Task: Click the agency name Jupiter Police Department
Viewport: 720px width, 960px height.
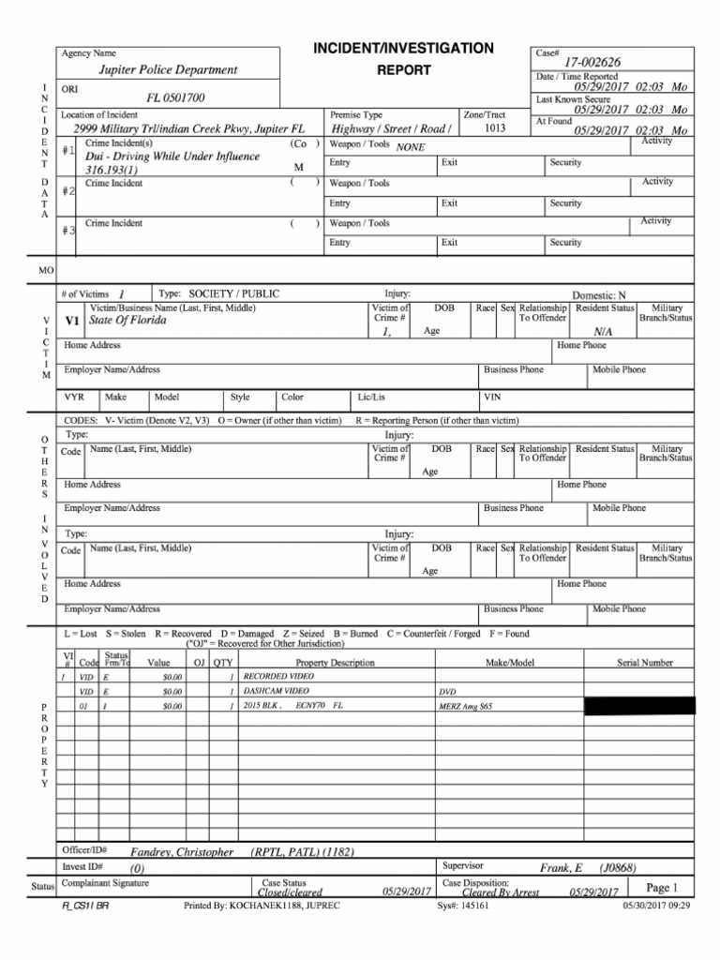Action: click(169, 70)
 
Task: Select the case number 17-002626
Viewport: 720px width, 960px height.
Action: click(592, 62)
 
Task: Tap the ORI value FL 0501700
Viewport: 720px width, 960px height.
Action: click(175, 97)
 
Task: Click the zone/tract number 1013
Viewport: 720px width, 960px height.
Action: click(485, 128)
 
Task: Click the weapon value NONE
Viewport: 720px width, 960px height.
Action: click(411, 147)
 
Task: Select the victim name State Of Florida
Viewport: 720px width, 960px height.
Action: click(127, 321)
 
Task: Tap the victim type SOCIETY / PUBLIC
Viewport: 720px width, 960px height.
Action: click(233, 293)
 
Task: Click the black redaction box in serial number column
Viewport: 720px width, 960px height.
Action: click(639, 705)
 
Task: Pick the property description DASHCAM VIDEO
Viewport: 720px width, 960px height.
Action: click(276, 690)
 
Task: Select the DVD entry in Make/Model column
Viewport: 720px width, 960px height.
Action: click(447, 691)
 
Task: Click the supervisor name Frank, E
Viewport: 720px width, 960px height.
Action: click(561, 868)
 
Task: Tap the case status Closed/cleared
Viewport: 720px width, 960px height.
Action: click(290, 892)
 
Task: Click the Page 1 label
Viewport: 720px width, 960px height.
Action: click(662, 887)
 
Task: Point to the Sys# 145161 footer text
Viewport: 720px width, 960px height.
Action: click(463, 907)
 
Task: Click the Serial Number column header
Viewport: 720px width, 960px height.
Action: click(644, 663)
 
